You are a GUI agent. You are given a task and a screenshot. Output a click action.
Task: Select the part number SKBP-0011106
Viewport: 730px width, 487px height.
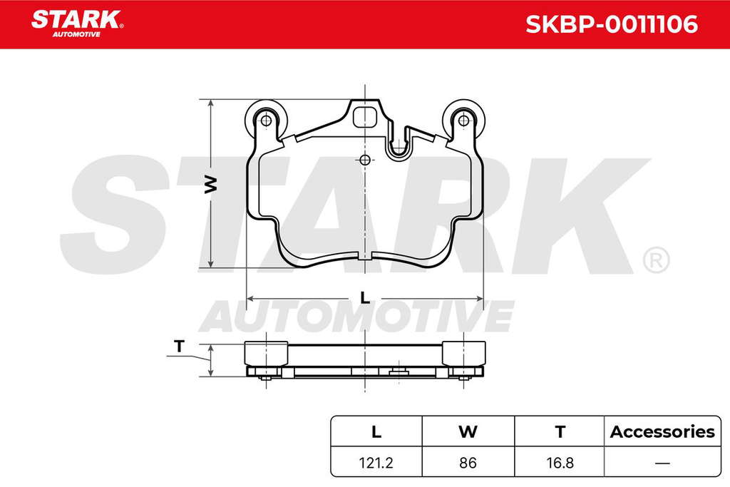coord(611,24)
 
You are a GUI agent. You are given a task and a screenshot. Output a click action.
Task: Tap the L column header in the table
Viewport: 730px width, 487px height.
coord(376,431)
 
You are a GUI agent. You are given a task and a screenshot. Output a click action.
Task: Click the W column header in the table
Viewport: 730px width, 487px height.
coord(468,431)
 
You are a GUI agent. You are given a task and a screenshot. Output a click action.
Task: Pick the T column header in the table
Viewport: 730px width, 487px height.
coord(560,431)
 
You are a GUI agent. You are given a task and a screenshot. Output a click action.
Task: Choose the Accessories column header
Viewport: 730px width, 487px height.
coord(662,431)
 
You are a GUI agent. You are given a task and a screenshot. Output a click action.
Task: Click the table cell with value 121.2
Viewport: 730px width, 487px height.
coord(376,463)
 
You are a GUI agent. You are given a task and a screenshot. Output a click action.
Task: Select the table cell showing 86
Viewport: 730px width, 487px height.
coord(468,463)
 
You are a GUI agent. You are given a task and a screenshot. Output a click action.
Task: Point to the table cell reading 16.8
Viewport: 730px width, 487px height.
coord(560,463)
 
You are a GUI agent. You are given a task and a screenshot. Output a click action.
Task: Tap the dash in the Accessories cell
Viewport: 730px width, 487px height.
coord(662,463)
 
